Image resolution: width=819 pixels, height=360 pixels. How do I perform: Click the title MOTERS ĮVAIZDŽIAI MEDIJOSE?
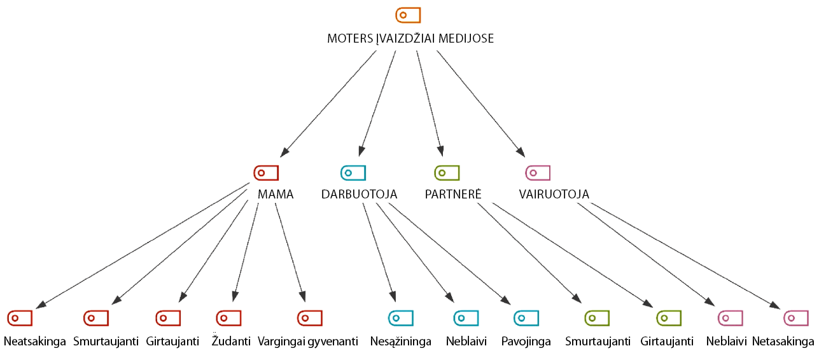pyautogui.click(x=410, y=39)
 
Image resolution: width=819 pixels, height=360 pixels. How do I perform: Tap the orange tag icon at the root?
pyautogui.click(x=408, y=15)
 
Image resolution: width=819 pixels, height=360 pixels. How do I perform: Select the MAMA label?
pyautogui.click(x=276, y=195)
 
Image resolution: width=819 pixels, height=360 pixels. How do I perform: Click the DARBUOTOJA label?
pyautogui.click(x=359, y=195)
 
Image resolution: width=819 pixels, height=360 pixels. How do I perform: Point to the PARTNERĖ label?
pyautogui.click(x=453, y=195)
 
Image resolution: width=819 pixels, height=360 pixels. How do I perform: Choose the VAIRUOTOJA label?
pyautogui.click(x=554, y=195)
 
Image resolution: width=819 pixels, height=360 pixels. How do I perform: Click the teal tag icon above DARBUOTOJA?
pyautogui.click(x=353, y=172)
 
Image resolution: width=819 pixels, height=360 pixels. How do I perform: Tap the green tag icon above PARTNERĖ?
pyautogui.click(x=447, y=172)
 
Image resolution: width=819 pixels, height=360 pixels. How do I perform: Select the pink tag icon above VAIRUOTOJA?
pyautogui.click(x=538, y=172)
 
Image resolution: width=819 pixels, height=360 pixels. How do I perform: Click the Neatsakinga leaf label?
pyautogui.click(x=35, y=342)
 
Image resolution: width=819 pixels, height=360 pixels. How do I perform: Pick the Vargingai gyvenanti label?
pyautogui.click(x=309, y=342)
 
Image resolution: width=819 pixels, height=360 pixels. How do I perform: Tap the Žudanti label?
pyautogui.click(x=230, y=342)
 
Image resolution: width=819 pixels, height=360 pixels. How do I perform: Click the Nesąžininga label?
pyautogui.click(x=401, y=342)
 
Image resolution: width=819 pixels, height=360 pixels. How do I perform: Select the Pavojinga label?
pyautogui.click(x=526, y=342)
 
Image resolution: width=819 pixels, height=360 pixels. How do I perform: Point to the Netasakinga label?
pyautogui.click(x=783, y=342)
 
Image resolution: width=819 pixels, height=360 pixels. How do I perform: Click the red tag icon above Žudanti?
pyautogui.click(x=228, y=317)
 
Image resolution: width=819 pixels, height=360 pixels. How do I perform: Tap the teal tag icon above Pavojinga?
pyautogui.click(x=526, y=317)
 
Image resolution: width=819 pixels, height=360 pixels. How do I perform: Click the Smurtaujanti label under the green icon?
pyautogui.click(x=598, y=342)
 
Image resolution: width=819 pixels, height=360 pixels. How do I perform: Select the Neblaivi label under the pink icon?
pyautogui.click(x=726, y=342)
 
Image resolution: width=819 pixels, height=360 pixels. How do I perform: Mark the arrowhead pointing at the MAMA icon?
pyautogui.click(x=284, y=153)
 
